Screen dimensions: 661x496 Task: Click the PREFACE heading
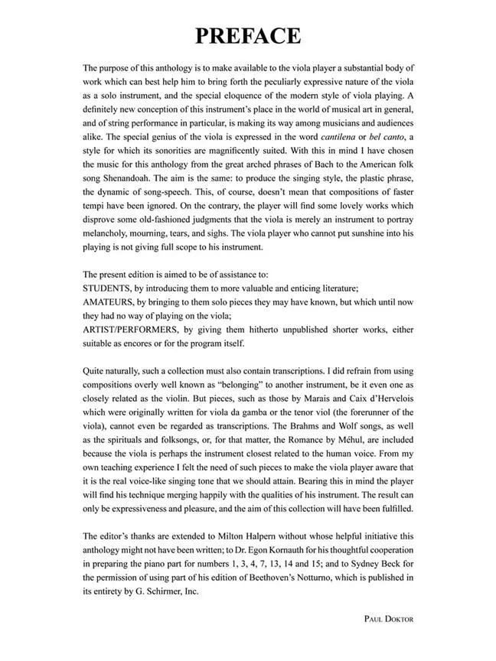(x=247, y=36)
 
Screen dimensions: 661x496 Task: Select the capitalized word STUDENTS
(x=108, y=288)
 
